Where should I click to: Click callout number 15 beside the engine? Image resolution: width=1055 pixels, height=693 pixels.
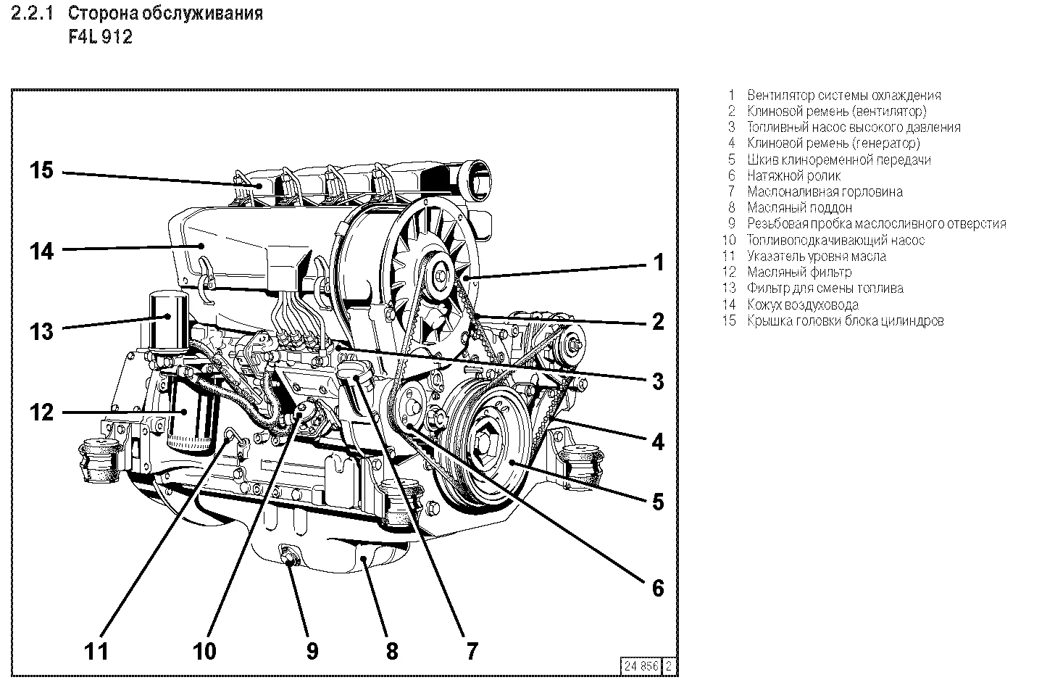pyautogui.click(x=41, y=172)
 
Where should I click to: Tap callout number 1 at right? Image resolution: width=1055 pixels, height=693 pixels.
pyautogui.click(x=658, y=262)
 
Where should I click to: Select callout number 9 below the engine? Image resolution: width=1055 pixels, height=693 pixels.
pyautogui.click(x=312, y=650)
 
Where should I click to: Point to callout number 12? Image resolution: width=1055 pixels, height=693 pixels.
pyautogui.click(x=41, y=412)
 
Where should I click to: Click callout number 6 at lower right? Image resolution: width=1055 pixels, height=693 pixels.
pyautogui.click(x=657, y=587)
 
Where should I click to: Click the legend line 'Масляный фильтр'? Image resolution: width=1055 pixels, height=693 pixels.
pyautogui.click(x=799, y=272)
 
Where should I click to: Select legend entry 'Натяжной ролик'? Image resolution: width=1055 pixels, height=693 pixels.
pyautogui.click(x=793, y=175)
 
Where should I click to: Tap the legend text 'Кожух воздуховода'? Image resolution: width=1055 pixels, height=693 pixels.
pyautogui.click(x=803, y=304)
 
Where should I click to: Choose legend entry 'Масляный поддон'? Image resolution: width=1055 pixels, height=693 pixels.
pyautogui.click(x=799, y=207)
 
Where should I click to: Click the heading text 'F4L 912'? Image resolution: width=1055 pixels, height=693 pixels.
pyautogui.click(x=100, y=37)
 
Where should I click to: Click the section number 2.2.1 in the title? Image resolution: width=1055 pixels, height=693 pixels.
pyautogui.click(x=35, y=14)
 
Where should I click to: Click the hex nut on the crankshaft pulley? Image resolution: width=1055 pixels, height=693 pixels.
pyautogui.click(x=483, y=447)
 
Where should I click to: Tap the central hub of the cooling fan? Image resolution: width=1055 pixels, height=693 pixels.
pyautogui.click(x=441, y=275)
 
